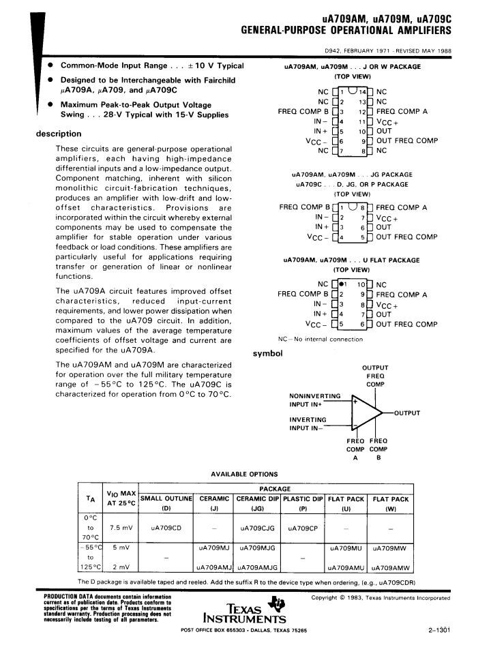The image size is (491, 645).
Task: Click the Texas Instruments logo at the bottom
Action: click(x=251, y=610)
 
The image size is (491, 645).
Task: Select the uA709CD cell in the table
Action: click(x=166, y=528)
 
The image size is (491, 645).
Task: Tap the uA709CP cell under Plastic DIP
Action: click(x=303, y=528)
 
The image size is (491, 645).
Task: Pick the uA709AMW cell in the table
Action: click(x=390, y=567)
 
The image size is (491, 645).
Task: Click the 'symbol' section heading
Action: click(x=267, y=353)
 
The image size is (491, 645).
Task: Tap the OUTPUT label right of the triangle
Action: click(x=406, y=413)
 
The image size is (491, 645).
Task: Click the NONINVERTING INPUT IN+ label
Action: click(x=314, y=400)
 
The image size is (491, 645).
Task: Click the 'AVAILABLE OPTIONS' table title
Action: click(x=244, y=474)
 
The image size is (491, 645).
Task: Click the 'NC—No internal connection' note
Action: click(x=320, y=339)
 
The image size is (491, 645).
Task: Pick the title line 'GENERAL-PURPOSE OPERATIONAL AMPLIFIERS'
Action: click(x=346, y=31)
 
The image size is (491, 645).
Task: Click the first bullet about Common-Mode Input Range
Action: click(x=151, y=65)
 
